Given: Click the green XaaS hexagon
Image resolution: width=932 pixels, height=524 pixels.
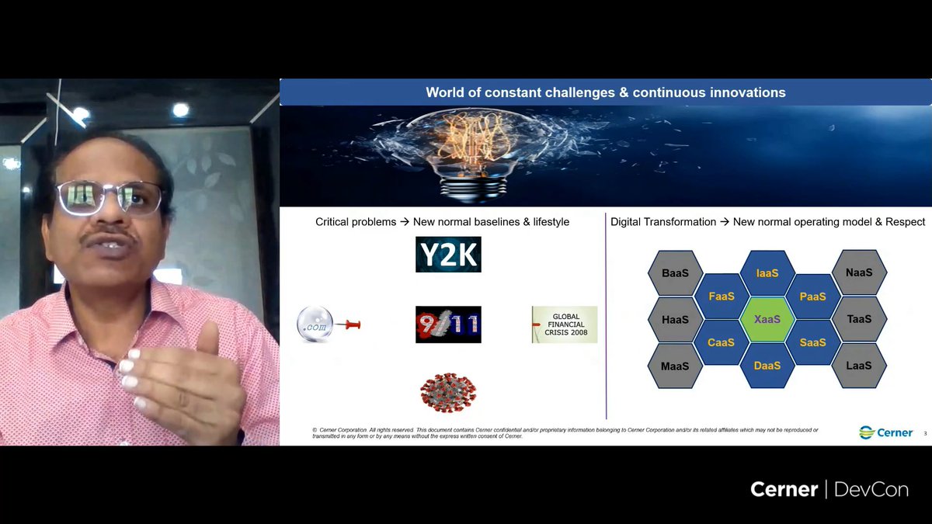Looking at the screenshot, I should tap(767, 319).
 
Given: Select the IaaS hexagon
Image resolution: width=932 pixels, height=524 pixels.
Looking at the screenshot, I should tap(767, 273).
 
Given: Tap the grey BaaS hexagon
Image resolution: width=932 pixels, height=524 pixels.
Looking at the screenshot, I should tap(675, 273).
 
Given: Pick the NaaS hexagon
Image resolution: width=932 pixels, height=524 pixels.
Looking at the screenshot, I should tap(858, 273).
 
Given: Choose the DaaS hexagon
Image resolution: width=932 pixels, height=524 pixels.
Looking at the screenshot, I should tap(767, 365).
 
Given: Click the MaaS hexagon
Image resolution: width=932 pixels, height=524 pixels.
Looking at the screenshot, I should tap(675, 366).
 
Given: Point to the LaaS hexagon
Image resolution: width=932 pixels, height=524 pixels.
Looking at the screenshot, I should tap(858, 366).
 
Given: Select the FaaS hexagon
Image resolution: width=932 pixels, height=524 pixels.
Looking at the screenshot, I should tap(721, 297).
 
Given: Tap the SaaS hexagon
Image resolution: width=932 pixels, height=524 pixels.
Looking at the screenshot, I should tap(812, 342).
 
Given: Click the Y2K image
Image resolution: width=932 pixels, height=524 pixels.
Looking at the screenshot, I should tap(448, 255).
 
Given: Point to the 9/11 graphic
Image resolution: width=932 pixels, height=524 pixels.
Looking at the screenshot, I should tap(448, 324).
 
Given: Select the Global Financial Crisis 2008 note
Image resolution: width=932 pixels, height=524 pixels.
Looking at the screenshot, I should tap(565, 324).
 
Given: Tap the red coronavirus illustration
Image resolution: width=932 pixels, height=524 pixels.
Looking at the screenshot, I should tap(448, 392).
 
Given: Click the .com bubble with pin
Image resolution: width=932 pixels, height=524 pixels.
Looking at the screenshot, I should tap(327, 324).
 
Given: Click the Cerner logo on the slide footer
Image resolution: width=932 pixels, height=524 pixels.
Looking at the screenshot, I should tap(886, 432).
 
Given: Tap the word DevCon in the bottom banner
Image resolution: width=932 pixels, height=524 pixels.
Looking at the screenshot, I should tap(871, 490).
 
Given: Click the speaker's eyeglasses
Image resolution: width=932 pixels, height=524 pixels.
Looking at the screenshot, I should tap(109, 198).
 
